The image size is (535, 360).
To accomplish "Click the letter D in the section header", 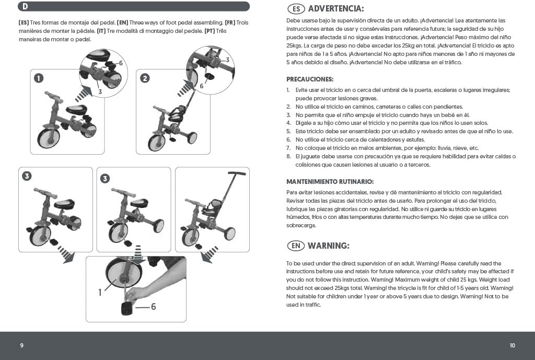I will tap(25, 7).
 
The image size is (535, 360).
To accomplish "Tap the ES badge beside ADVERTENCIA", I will tap(296, 9).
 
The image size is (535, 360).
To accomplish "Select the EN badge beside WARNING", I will tap(296, 246).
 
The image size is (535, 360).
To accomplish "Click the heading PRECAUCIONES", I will tap(309, 79).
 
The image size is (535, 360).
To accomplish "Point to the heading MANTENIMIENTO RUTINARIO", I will tap(330, 182).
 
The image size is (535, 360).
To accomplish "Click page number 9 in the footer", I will tap(21, 345).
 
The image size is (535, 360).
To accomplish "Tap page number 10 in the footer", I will tap(513, 345).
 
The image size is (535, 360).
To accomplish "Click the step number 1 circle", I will tap(38, 78).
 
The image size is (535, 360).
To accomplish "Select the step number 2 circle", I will tap(145, 78).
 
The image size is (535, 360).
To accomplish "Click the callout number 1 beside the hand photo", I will tap(100, 293).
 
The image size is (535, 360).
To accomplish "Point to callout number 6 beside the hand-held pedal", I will tap(154, 307).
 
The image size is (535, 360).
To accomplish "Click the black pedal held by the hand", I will tap(128, 308).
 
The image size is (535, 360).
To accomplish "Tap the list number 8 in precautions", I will tap(288, 156).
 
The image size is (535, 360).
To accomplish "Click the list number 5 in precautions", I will tap(288, 131).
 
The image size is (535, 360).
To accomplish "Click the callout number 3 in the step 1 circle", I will tap(100, 91).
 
